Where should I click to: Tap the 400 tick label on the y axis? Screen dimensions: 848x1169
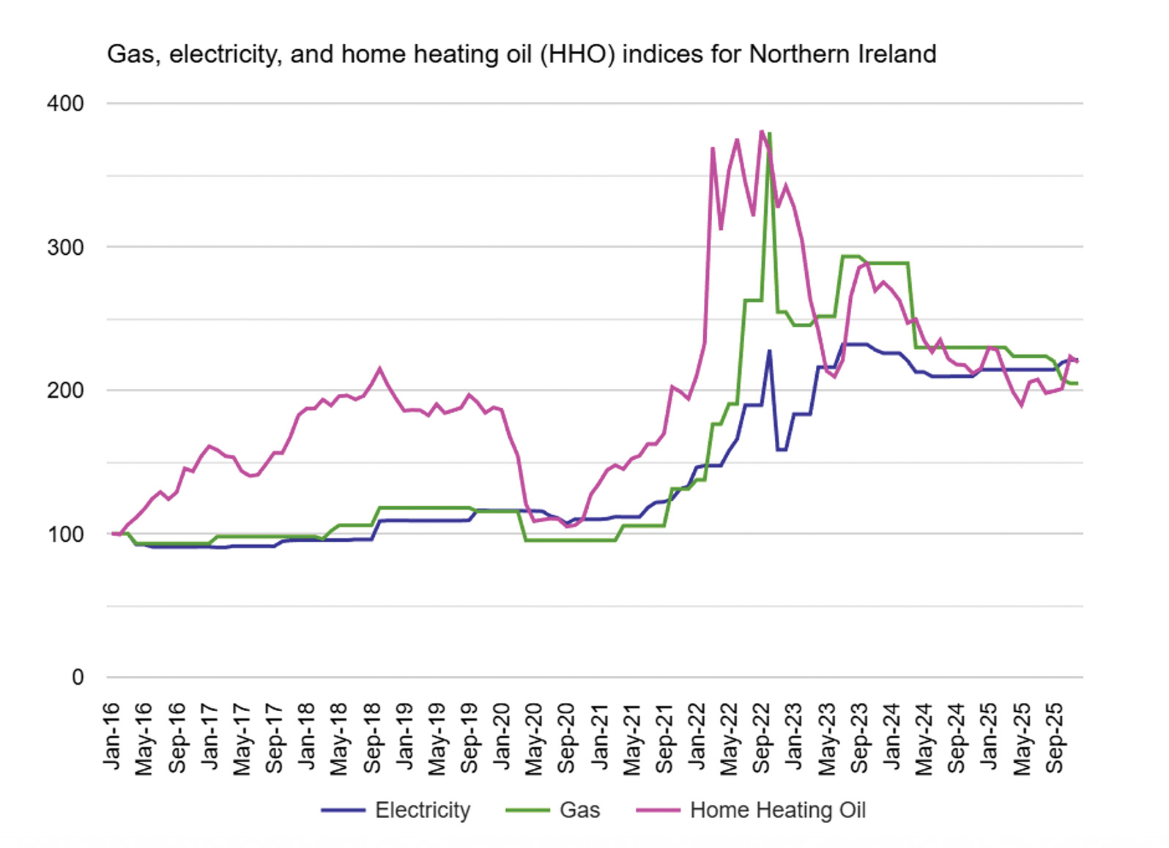pyautogui.click(x=65, y=103)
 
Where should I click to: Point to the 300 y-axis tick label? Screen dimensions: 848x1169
pyautogui.click(x=65, y=247)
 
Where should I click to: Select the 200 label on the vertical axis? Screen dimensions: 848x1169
pyautogui.click(x=65, y=390)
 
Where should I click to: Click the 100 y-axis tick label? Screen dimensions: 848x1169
pyautogui.click(x=65, y=534)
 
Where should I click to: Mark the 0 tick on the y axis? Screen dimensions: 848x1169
pyautogui.click(x=78, y=677)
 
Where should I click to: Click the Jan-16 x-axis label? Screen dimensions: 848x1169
pyautogui.click(x=112, y=736)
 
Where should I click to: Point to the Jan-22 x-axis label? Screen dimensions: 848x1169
pyautogui.click(x=697, y=736)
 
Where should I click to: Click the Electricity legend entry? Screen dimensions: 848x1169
pyautogui.click(x=422, y=810)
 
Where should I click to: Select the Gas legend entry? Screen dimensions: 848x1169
pyautogui.click(x=579, y=810)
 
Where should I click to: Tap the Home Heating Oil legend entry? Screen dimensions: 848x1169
pyautogui.click(x=777, y=810)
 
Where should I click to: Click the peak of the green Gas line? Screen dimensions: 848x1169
pyautogui.click(x=770, y=134)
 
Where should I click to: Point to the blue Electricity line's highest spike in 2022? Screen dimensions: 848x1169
pyautogui.click(x=769, y=351)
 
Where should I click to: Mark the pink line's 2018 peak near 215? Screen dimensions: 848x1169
pyautogui.click(x=379, y=368)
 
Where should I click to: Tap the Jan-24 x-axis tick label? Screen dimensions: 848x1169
pyautogui.click(x=891, y=736)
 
